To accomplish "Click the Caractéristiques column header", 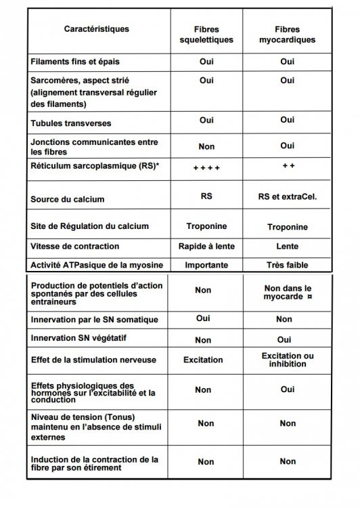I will tap(97, 29).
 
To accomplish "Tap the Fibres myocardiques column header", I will tap(287, 35).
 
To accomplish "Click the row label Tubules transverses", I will tap(71, 124).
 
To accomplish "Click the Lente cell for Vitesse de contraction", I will tap(288, 247).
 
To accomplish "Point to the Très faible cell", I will tap(288, 265).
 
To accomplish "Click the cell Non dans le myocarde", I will tap(288, 292).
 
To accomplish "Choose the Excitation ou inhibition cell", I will tap(288, 360).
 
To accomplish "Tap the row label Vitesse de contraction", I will tap(75, 246).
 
